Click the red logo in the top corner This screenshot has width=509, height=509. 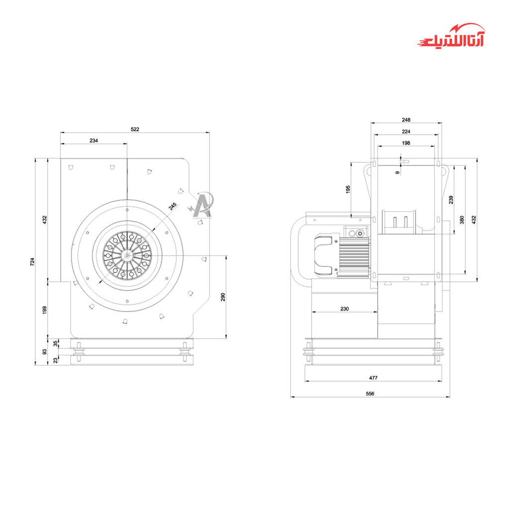pyautogui.click(x=451, y=36)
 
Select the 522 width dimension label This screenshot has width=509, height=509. pyautogui.click(x=135, y=129)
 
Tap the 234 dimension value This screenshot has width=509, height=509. pyautogui.click(x=93, y=141)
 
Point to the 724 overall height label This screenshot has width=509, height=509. pyautogui.click(x=32, y=261)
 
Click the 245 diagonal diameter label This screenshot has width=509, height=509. pyautogui.click(x=172, y=206)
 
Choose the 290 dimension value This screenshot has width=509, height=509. pyautogui.click(x=223, y=297)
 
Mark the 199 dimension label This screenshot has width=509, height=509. pyautogui.click(x=45, y=310)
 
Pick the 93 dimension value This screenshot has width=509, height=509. pyautogui.click(x=45, y=351)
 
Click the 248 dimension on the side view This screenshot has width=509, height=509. pyautogui.click(x=406, y=120)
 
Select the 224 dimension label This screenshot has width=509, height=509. pyautogui.click(x=406, y=131)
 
